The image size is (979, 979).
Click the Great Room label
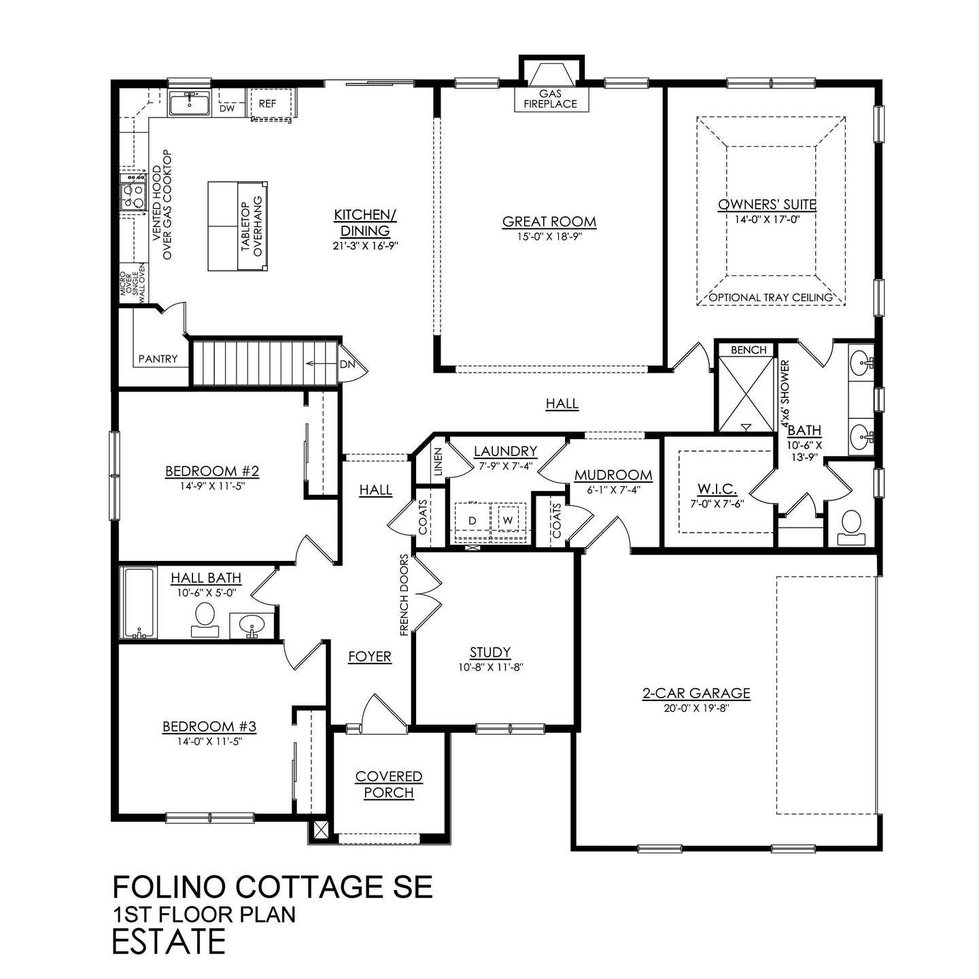[x=549, y=222]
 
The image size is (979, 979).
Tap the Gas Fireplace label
[x=549, y=99]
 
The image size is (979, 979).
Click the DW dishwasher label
[x=227, y=108]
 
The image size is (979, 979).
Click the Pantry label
[x=158, y=359]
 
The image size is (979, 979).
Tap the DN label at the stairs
[x=347, y=364]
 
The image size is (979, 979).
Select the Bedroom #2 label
[x=203, y=471]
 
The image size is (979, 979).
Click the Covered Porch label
[x=389, y=785]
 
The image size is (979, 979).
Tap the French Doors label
[x=404, y=596]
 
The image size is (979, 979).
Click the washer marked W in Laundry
[x=508, y=520]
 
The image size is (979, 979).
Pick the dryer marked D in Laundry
[x=472, y=520]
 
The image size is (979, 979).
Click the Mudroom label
[x=613, y=475]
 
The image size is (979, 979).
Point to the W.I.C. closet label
[x=714, y=489]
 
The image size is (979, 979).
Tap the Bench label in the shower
[x=748, y=350]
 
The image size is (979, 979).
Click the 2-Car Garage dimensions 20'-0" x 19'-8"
[x=696, y=707]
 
